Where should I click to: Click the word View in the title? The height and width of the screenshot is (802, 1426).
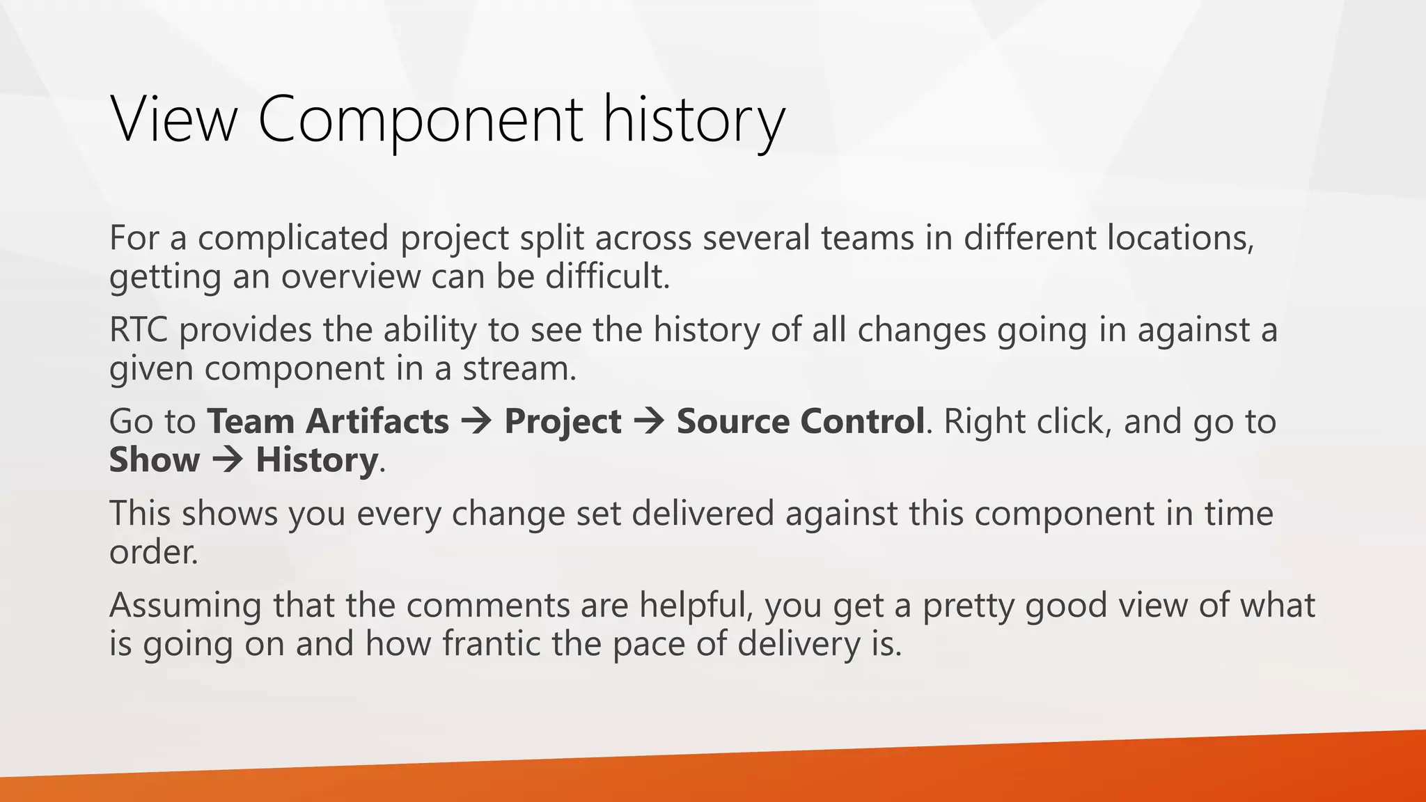point(174,119)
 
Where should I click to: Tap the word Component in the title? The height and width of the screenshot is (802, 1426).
point(420,119)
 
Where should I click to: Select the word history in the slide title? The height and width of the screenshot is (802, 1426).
point(694,119)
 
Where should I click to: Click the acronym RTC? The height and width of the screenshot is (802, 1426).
point(138,329)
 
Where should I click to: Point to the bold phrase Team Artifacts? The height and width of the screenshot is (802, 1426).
point(328,421)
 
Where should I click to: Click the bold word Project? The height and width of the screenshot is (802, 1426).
point(563,421)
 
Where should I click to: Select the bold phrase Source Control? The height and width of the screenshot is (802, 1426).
point(800,421)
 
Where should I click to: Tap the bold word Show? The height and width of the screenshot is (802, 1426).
point(154,459)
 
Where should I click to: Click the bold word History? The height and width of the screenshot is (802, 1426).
point(316,459)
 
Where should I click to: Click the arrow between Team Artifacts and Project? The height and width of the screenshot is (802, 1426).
point(477,422)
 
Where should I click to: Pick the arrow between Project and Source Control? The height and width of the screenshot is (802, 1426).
point(649,422)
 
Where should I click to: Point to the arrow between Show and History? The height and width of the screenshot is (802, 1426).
point(228,460)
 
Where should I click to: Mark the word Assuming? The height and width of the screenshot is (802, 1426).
point(185,604)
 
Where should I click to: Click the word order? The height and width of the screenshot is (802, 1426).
point(153,551)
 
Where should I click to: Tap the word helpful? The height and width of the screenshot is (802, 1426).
point(696,604)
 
